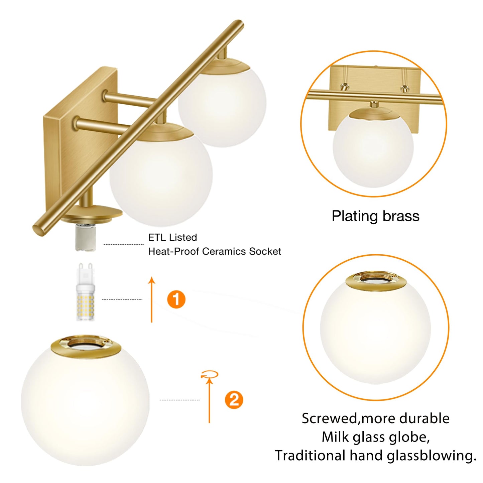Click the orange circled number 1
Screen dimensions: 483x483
pyautogui.click(x=176, y=299)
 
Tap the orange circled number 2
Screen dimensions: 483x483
pyautogui.click(x=234, y=400)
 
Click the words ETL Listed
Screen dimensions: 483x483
pyautogui.click(x=172, y=237)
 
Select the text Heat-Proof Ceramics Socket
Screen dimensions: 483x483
pyautogui.click(x=214, y=251)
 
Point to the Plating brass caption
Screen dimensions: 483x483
pyautogui.click(x=375, y=216)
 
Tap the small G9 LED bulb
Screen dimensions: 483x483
pyautogui.click(x=85, y=294)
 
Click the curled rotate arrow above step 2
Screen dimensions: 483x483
pyautogui.click(x=210, y=375)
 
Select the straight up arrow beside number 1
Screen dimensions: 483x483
pyautogui.click(x=152, y=299)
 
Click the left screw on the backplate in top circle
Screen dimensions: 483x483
pyautogui.click(x=344, y=87)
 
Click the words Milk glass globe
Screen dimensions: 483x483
pyautogui.click(x=375, y=437)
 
